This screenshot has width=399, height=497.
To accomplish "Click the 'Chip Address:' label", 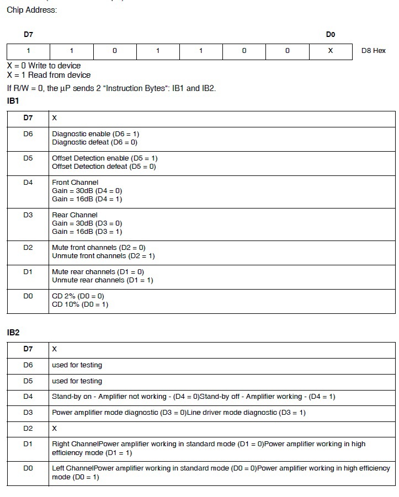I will click(31, 10).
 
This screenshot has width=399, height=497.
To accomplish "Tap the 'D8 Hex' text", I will click(374, 51).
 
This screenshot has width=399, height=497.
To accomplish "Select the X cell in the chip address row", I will click(330, 51).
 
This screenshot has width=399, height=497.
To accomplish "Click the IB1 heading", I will click(13, 101).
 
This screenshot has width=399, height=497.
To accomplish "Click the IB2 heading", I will click(13, 333).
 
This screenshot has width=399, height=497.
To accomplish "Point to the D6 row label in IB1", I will click(28, 133).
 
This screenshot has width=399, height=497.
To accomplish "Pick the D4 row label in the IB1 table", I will click(28, 182).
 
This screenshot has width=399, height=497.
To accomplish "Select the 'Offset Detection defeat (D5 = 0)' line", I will click(104, 167).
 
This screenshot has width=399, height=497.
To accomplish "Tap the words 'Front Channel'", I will click(75, 183).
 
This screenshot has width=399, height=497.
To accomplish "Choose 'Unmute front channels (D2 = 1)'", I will click(103, 256).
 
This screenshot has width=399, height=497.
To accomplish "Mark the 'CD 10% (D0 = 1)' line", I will click(80, 304).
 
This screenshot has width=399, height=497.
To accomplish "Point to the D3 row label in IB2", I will click(28, 413).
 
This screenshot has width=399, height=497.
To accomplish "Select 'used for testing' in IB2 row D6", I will click(77, 365).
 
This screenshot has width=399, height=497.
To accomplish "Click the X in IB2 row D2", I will click(54, 429).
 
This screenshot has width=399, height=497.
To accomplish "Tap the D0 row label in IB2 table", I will click(28, 468).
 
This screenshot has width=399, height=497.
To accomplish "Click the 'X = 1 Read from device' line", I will click(49, 75).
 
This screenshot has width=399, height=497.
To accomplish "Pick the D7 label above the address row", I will click(28, 35).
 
